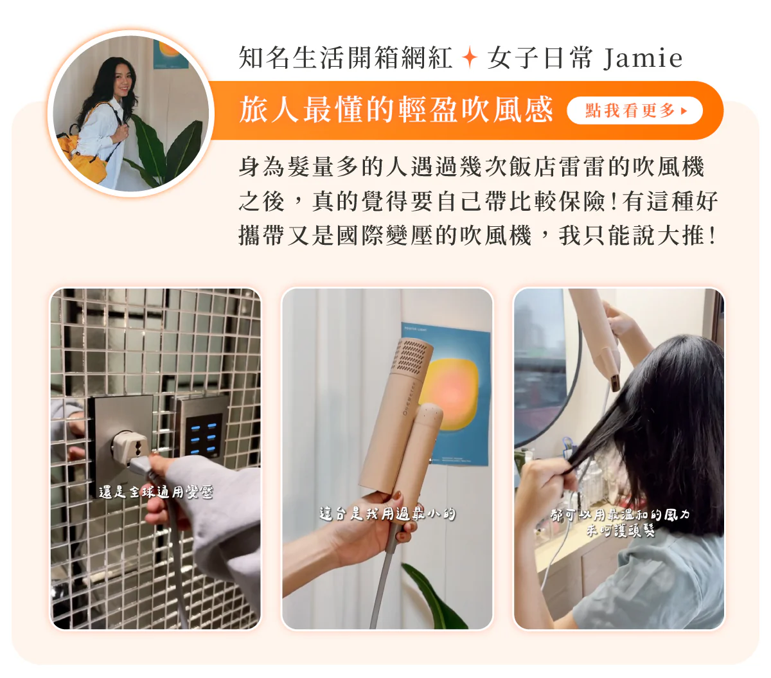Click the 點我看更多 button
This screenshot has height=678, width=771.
click(x=634, y=111)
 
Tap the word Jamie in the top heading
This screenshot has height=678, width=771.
click(x=643, y=58)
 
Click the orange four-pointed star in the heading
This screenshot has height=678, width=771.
click(x=470, y=57)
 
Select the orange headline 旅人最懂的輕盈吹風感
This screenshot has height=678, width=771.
click(x=396, y=110)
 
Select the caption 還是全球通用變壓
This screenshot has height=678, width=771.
click(x=155, y=492)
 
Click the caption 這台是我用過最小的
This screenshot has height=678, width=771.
click(x=387, y=514)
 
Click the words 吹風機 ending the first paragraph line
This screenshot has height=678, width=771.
click(x=669, y=166)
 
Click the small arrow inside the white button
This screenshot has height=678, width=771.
click(x=684, y=111)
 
